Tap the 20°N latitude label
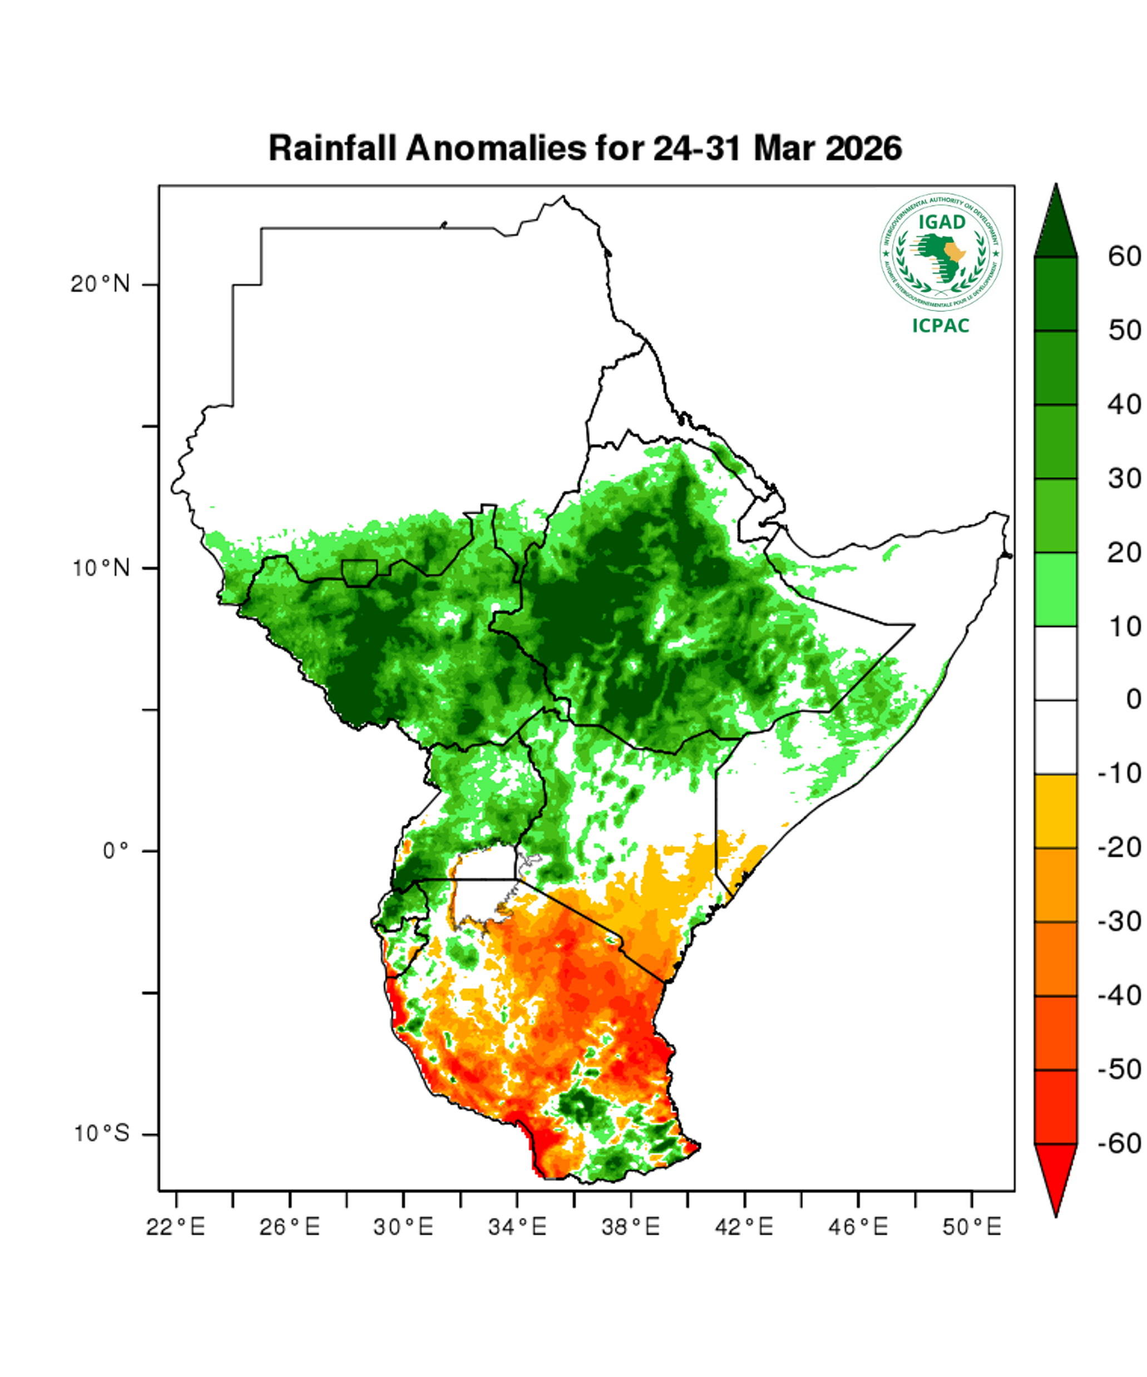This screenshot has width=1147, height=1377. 100,285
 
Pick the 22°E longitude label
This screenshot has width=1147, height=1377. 175,1227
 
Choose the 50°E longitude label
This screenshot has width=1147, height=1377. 971,1227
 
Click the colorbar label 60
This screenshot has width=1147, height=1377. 1124,256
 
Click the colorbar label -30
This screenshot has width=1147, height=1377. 1119,922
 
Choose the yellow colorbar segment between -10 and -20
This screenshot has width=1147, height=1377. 1055,811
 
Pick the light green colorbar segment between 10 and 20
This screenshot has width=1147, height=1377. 1055,590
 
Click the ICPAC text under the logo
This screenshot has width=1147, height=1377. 941,326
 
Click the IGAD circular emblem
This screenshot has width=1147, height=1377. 941,253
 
